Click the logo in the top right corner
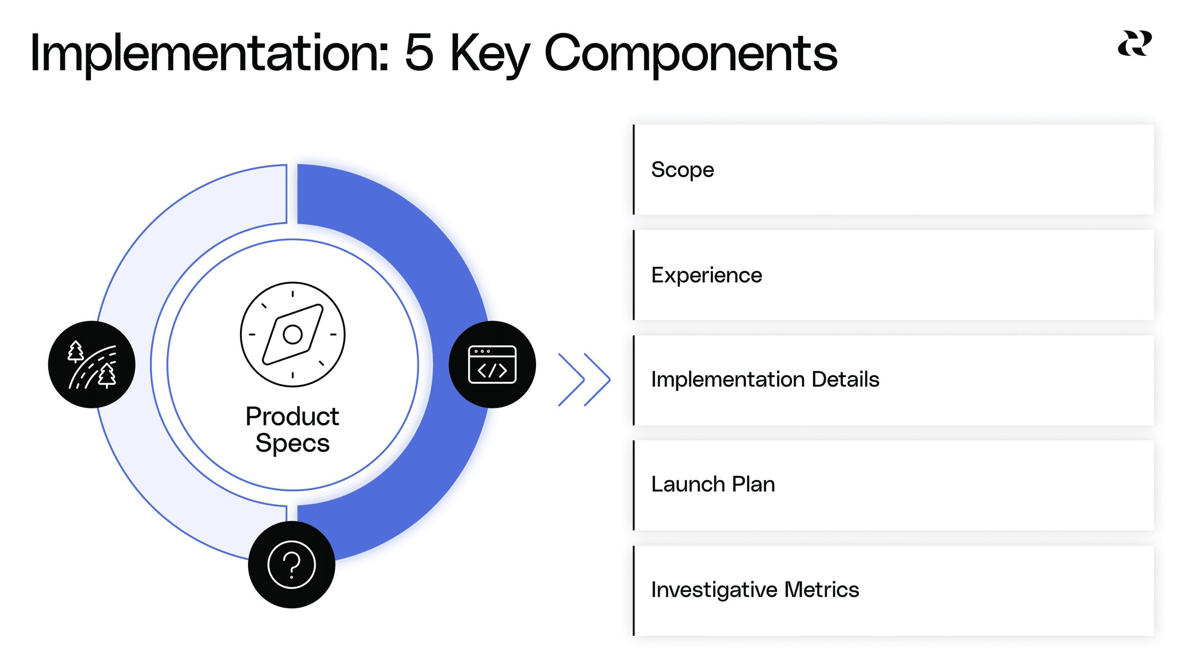(1135, 44)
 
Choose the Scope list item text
(682, 170)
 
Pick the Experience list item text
(706, 275)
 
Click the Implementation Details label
(765, 379)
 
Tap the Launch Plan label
(713, 484)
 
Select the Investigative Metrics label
(755, 590)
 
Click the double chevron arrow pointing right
(584, 379)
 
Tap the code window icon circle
(492, 364)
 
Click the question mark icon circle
(291, 564)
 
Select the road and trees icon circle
(92, 364)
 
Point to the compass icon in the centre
(292, 334)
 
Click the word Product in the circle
(292, 416)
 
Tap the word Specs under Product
(292, 443)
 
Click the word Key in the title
(490, 53)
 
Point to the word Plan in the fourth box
(753, 484)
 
